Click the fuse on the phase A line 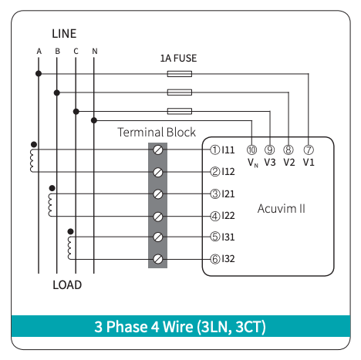coord(180,74)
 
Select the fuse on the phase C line coord(180,111)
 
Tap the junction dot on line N coord(94,120)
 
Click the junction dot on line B coord(57,93)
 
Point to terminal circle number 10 coord(251,150)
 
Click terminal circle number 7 coord(309,150)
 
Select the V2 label coord(289,163)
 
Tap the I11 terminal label coord(228,150)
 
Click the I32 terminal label coord(228,259)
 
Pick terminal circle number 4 coord(215,216)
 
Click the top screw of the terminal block coord(158,150)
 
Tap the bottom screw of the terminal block coord(158,259)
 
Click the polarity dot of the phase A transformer coord(34,144)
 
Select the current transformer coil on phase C coord(69,248)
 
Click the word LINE coord(64,34)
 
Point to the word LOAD coord(67,285)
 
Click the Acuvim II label coord(282,208)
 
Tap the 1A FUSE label coord(178,59)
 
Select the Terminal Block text coord(157,132)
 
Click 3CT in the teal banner coord(250,327)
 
